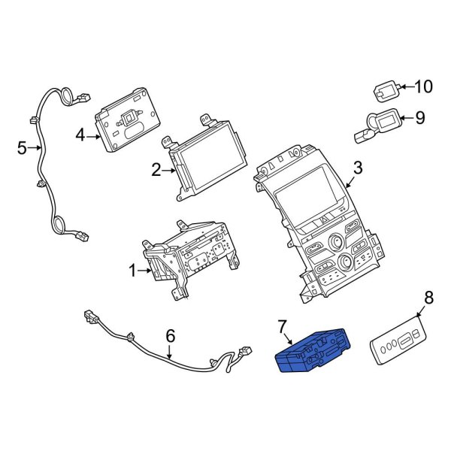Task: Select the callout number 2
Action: pyautogui.click(x=156, y=171)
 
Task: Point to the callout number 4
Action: pyautogui.click(x=80, y=136)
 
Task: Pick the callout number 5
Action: pyautogui.click(x=22, y=148)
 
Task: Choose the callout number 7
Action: pyautogui.click(x=283, y=327)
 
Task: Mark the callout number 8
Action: pyautogui.click(x=428, y=298)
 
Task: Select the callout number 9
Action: pyautogui.click(x=420, y=118)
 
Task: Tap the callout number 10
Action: pyautogui.click(x=424, y=87)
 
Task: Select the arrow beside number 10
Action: pyautogui.click(x=404, y=88)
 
